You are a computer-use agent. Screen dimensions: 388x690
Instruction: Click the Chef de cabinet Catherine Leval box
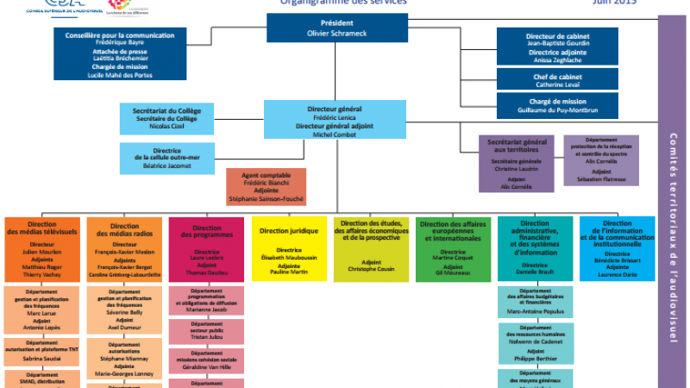pyautogui.click(x=557, y=80)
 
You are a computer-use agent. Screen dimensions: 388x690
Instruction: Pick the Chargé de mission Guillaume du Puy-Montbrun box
pyautogui.click(x=557, y=106)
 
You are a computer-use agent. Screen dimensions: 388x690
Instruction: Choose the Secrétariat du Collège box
pyautogui.click(x=167, y=119)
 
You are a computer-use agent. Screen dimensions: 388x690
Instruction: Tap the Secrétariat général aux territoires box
pyautogui.click(x=516, y=164)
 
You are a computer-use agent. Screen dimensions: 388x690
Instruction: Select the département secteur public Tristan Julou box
pyautogui.click(x=206, y=333)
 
